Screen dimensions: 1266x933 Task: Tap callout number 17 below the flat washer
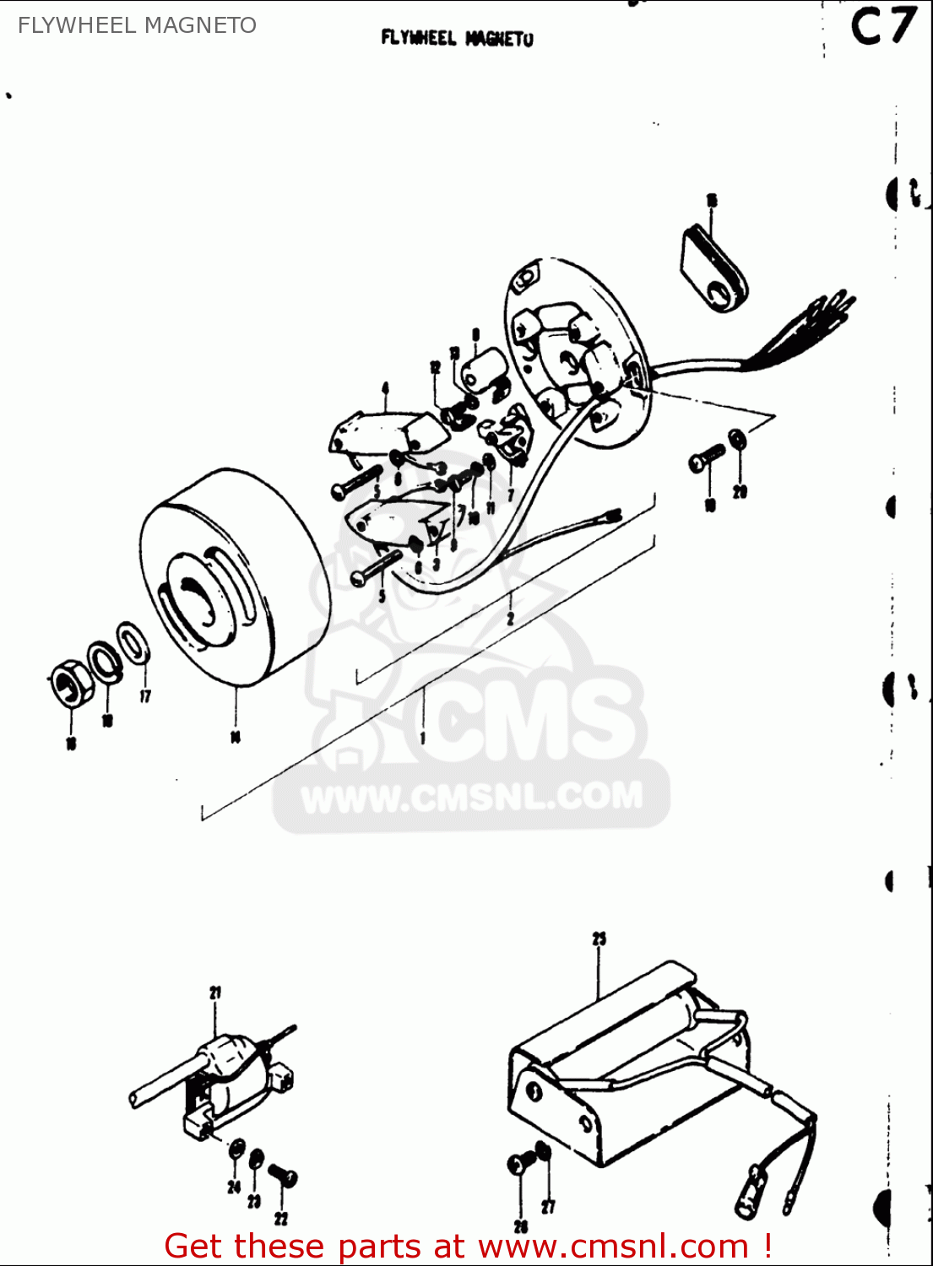tap(145, 696)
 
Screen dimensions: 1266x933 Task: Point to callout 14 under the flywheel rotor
tap(236, 737)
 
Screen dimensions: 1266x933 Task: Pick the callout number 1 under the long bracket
tap(423, 738)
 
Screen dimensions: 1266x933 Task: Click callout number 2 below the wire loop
tap(510, 619)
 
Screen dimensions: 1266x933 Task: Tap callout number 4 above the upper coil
tap(385, 388)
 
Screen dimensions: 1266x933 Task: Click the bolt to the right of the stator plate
tap(706, 457)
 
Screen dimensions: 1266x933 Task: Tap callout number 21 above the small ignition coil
tap(215, 993)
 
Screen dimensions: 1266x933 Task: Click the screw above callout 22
tap(282, 1175)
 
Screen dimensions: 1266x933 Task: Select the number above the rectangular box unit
tap(599, 939)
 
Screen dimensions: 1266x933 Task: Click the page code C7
tap(881, 28)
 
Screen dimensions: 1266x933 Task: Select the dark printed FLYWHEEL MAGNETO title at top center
tap(457, 38)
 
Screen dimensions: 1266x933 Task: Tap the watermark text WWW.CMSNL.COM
tap(471, 798)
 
